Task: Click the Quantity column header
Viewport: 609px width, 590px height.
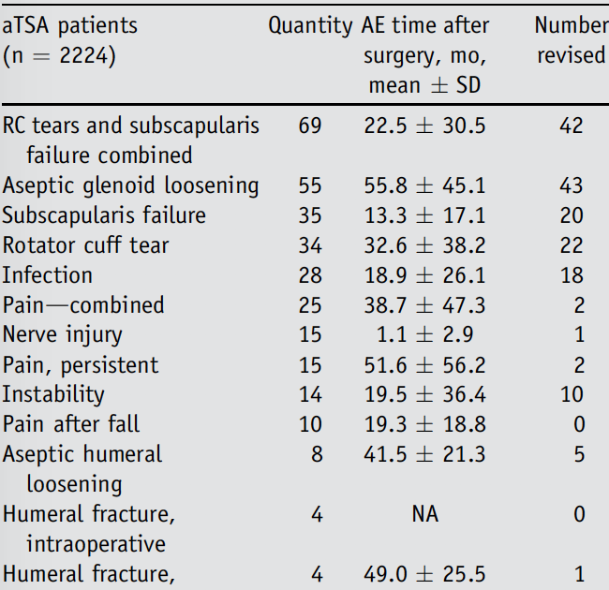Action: point(310,26)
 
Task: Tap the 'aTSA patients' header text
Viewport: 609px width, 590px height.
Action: point(69,26)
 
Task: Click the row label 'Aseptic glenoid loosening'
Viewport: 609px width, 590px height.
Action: point(130,185)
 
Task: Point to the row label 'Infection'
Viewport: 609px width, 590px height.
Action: point(48,275)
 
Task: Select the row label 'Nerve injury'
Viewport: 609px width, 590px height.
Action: point(62,335)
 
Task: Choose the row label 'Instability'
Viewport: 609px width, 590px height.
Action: point(53,395)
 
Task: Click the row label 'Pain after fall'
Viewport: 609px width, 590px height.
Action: point(71,425)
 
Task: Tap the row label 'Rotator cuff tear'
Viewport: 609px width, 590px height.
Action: point(86,245)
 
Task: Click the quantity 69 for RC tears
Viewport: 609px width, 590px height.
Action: point(310,125)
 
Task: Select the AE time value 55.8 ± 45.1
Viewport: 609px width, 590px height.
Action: point(424,185)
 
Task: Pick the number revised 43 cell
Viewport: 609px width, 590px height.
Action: point(571,185)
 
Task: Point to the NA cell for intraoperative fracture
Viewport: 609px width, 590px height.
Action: point(424,514)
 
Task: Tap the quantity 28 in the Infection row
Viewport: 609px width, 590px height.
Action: point(310,275)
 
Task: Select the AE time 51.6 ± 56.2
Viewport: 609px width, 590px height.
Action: point(424,365)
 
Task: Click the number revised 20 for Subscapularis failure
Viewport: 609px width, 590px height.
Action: point(571,215)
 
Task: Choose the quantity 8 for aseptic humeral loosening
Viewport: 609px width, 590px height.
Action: point(316,455)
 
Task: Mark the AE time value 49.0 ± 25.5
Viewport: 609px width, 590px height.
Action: point(424,574)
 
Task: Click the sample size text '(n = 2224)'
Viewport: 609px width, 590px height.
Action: point(59,56)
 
